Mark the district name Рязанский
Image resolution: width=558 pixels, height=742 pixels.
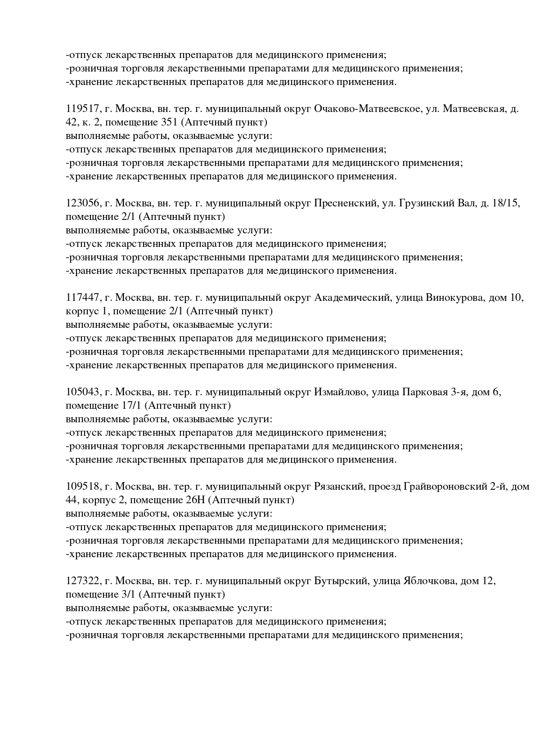338,487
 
